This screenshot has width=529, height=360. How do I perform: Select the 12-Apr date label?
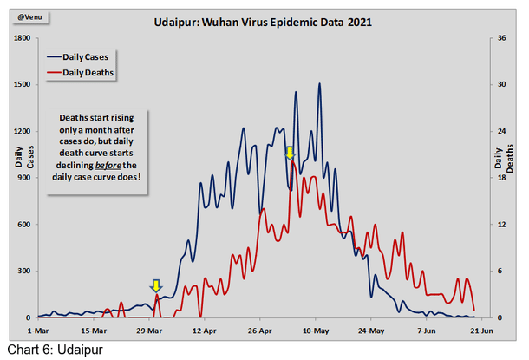pos(204,331)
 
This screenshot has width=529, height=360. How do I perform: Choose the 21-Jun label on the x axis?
pos(482,331)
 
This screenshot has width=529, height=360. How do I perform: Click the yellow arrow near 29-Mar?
pos(155,285)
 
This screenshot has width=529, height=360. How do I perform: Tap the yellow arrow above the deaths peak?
pos(291,154)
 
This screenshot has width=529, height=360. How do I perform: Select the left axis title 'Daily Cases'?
pos(20,157)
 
